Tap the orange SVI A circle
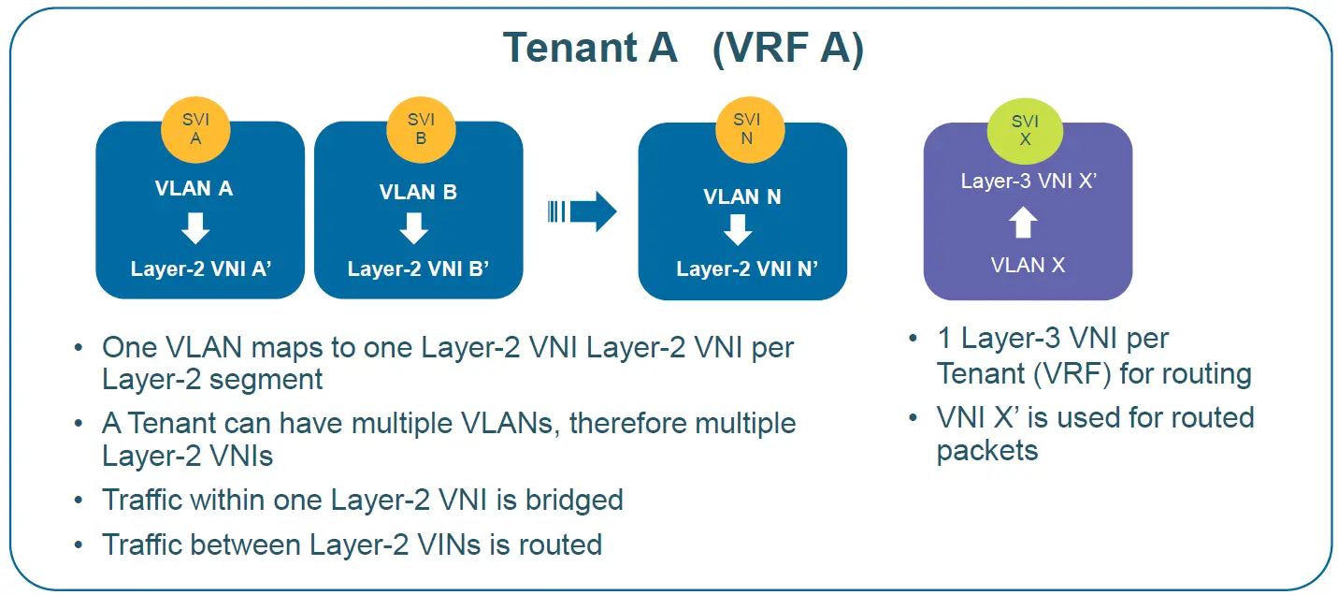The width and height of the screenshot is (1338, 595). tap(195, 127)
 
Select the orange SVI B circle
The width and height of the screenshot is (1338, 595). tap(421, 127)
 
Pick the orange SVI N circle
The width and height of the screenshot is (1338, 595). tap(747, 128)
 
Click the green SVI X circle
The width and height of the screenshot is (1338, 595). tap(1025, 129)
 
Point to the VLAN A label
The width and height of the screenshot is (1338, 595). tap(194, 189)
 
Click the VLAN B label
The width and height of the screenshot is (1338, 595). tap(418, 193)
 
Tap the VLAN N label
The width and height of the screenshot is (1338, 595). tap(741, 197)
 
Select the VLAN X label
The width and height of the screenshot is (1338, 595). tap(1028, 265)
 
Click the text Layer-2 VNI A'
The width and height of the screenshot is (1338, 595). tap(201, 269)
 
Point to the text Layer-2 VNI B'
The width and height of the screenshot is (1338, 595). tap(419, 269)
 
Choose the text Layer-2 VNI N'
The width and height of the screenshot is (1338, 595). tap(747, 269)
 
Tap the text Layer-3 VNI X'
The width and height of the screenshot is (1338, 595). tap(1028, 181)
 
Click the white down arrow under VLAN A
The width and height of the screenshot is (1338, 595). tap(195, 227)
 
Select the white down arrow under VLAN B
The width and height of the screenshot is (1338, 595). tap(413, 228)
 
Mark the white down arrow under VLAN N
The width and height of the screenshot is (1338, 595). tap(739, 230)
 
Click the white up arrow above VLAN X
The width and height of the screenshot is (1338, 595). tap(1025, 223)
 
